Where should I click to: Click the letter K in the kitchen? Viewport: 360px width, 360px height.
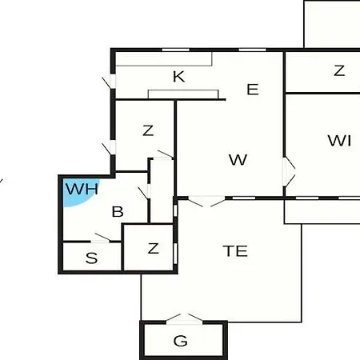[x=178, y=77]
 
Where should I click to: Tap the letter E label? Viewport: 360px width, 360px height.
[x=253, y=90]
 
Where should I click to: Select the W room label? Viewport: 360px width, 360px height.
[x=238, y=160]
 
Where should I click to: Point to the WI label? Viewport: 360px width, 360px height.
[x=339, y=141]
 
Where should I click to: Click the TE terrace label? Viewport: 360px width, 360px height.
[x=235, y=251]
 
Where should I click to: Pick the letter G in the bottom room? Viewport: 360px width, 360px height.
[x=180, y=341]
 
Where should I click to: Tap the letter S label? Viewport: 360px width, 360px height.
[x=91, y=258]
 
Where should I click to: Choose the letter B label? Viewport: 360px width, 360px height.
[x=118, y=212]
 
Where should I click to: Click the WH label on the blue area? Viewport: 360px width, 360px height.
[x=82, y=189]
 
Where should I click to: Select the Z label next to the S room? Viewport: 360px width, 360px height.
[x=153, y=248]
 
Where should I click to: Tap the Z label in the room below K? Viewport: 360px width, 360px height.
[x=148, y=130]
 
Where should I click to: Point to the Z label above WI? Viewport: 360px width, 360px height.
[x=339, y=70]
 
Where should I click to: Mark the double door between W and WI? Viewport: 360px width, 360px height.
[x=289, y=171]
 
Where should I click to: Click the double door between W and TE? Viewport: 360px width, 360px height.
[x=207, y=202]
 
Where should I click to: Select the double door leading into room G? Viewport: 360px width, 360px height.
[x=184, y=319]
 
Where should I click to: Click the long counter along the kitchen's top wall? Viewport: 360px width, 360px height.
[x=164, y=59]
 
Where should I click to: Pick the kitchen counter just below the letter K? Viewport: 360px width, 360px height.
[x=183, y=94]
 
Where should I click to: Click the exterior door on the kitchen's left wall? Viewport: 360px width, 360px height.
[x=110, y=82]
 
